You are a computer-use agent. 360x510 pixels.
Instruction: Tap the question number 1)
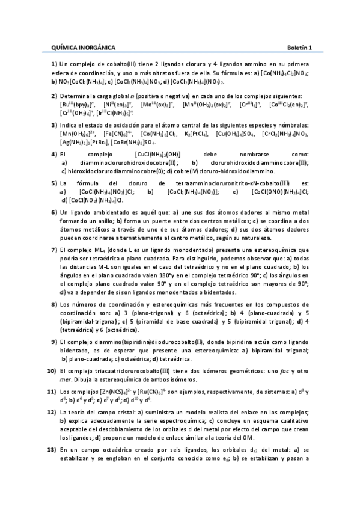54,64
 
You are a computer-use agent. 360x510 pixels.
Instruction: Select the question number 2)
54,96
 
